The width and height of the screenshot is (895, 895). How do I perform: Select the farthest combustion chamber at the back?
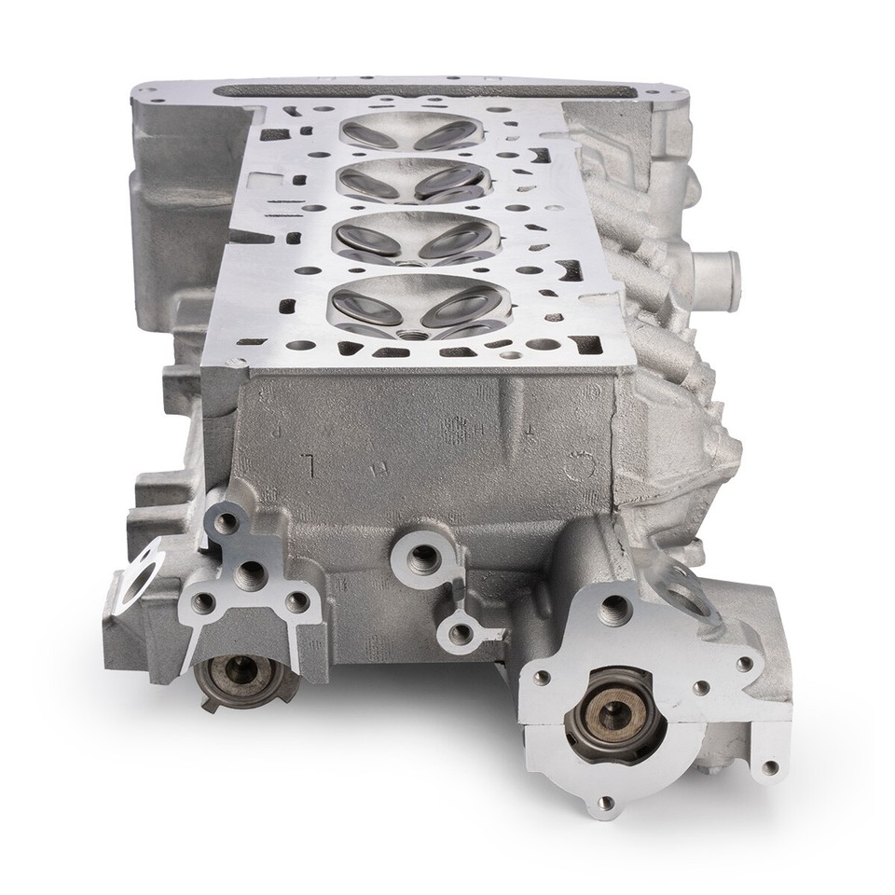click(411, 131)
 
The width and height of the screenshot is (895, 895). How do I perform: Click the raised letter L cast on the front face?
click(308, 462)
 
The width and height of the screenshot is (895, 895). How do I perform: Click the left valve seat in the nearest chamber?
click(359, 303)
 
